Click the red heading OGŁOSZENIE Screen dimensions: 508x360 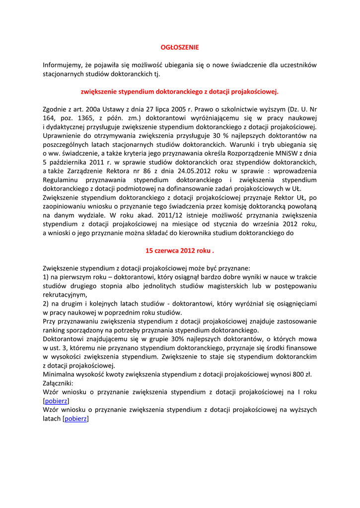click(x=179, y=47)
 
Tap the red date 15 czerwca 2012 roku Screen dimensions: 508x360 click(x=179, y=250)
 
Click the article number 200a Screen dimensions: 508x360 click(x=93, y=109)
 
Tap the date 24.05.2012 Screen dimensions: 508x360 click(x=187, y=171)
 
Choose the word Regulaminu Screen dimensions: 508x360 click(x=61, y=180)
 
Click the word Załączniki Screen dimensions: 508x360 click(x=58, y=383)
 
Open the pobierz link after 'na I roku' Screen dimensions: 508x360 click(x=57, y=401)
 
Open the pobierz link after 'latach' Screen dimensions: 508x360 click(x=76, y=419)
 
